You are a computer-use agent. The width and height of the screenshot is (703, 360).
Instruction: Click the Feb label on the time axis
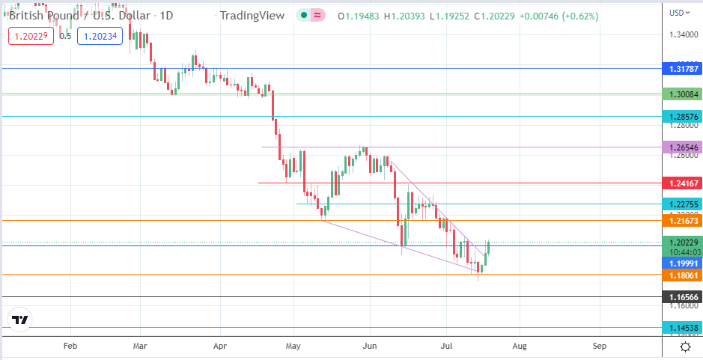point(70,347)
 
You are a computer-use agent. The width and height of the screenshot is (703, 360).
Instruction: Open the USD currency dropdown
point(678,12)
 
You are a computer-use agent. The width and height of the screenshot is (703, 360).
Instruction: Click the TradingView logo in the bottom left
point(20,320)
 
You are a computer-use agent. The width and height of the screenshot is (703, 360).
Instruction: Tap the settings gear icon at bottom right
point(685,347)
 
